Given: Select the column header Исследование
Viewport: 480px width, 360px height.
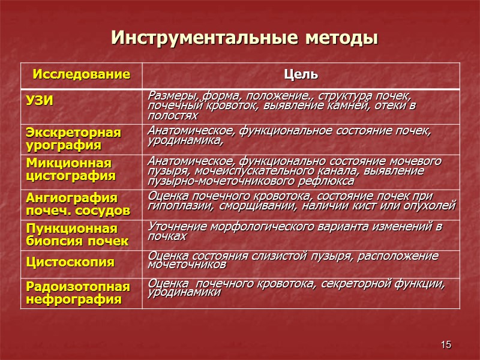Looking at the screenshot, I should [82, 75].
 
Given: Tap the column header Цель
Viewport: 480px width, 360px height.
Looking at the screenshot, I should [301, 75].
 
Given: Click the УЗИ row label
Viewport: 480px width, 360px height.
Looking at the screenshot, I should [39, 100].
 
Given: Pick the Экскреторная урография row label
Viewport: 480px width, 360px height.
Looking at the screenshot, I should [73, 139].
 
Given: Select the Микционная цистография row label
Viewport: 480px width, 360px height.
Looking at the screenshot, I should [70, 170].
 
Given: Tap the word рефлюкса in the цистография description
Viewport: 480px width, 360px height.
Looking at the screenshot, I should [329, 181].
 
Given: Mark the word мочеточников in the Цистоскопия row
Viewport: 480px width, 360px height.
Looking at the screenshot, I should [187, 264].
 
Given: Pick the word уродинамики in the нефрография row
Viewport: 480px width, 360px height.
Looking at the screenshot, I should [184, 292].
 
